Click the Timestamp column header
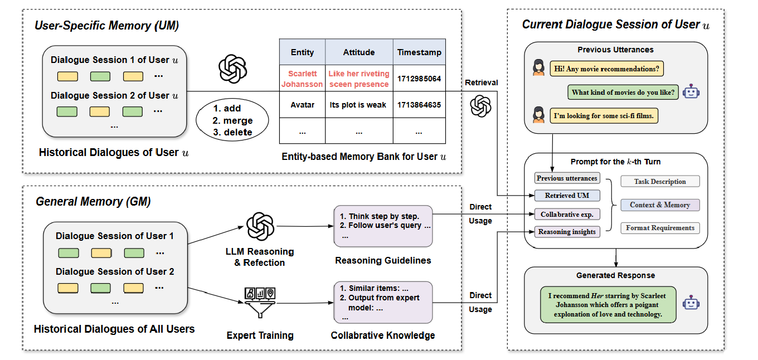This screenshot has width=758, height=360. click(x=419, y=52)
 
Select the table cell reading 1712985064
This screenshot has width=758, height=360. click(x=419, y=79)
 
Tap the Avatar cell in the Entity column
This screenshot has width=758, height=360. click(x=302, y=104)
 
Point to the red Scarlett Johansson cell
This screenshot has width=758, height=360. click(x=302, y=79)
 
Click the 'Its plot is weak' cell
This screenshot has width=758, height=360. click(x=358, y=104)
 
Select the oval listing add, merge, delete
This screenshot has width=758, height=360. click(x=232, y=120)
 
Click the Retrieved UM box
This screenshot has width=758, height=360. click(x=567, y=196)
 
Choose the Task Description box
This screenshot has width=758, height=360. click(x=660, y=182)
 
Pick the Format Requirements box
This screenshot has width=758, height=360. click(x=660, y=228)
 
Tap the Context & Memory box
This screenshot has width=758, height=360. click(x=660, y=205)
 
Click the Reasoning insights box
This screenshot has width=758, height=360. click(x=567, y=232)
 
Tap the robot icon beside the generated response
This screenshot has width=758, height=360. click(x=692, y=303)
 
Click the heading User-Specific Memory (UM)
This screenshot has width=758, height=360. click(x=106, y=25)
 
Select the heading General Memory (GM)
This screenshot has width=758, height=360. click(x=93, y=202)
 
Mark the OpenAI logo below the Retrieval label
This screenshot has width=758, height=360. click(x=480, y=106)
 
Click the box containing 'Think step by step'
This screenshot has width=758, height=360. click(x=383, y=226)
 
